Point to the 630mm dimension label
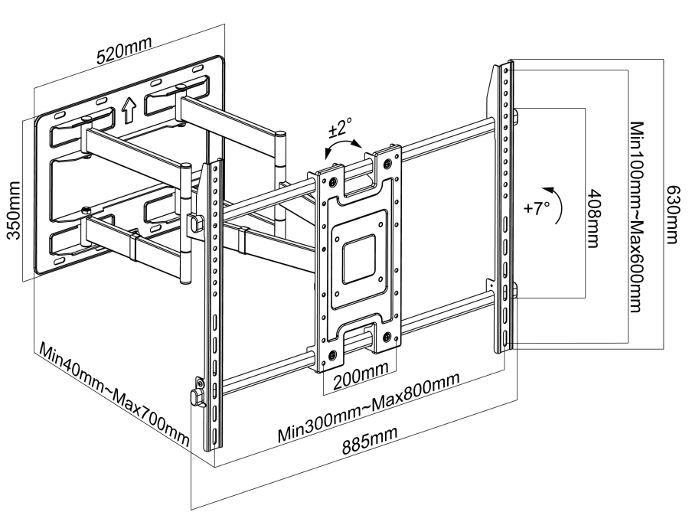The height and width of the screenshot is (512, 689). (673, 214)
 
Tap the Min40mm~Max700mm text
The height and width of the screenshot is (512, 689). (115, 397)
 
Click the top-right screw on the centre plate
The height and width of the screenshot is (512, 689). (390, 162)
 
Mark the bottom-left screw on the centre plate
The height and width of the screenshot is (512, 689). (333, 354)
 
